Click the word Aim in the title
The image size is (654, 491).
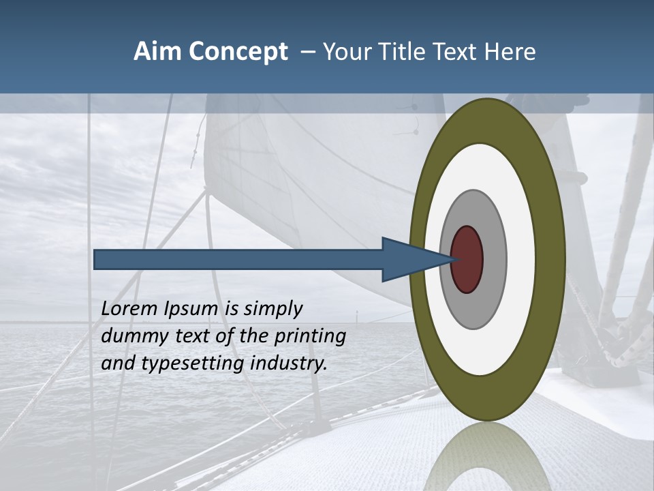[157, 52]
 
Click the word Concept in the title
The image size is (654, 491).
[236, 52]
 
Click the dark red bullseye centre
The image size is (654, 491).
[467, 259]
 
